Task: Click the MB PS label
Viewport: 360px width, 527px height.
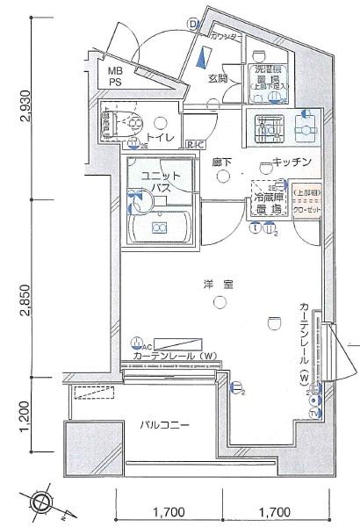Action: click(x=116, y=76)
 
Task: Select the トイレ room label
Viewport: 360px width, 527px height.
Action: click(x=160, y=139)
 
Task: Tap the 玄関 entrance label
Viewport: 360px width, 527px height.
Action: click(x=218, y=78)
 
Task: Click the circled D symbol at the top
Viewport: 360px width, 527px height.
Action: click(x=192, y=25)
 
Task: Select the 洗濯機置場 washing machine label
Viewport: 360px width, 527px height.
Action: click(x=269, y=77)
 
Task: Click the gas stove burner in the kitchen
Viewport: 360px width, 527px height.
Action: click(x=264, y=127)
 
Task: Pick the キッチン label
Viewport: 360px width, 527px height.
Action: click(x=290, y=162)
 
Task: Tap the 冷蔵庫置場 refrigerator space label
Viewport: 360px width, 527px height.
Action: click(x=270, y=204)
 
